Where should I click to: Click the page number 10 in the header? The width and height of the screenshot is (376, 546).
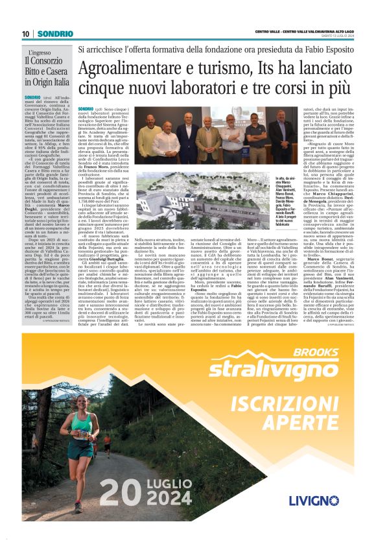(26, 34)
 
